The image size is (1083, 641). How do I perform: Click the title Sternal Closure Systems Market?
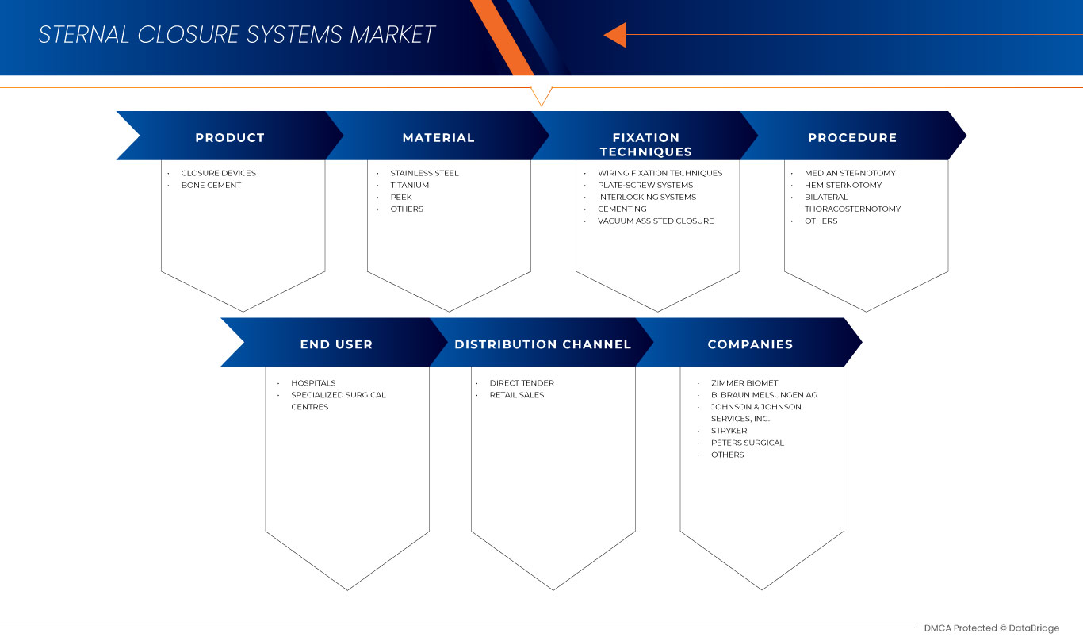click(x=237, y=35)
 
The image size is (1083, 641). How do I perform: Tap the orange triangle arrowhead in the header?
click(x=617, y=35)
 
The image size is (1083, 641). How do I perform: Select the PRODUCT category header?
click(x=230, y=137)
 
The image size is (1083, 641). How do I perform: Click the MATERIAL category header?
click(x=438, y=137)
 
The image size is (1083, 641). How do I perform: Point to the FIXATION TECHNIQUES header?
click(x=646, y=144)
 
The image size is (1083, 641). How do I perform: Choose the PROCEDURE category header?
click(x=852, y=137)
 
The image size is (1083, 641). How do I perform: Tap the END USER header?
click(x=336, y=344)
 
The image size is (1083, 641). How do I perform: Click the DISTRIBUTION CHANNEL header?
click(x=543, y=344)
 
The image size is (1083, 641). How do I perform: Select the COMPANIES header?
click(x=750, y=344)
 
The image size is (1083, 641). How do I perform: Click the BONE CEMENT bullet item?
click(x=211, y=185)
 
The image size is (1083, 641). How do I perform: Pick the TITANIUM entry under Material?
click(x=409, y=185)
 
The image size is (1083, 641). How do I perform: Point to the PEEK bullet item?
click(x=401, y=197)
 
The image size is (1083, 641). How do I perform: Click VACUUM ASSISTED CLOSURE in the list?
click(x=656, y=221)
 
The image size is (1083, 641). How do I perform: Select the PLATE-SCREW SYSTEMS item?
click(x=645, y=185)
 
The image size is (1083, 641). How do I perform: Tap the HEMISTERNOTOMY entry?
click(x=843, y=185)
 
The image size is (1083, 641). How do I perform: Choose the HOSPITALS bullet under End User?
click(x=313, y=383)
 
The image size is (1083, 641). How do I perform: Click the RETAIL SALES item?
click(x=517, y=395)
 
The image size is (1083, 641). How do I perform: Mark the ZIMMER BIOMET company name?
click(x=744, y=383)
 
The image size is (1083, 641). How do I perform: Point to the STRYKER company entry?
click(x=729, y=431)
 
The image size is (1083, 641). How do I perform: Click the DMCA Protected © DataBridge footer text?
click(x=991, y=628)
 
